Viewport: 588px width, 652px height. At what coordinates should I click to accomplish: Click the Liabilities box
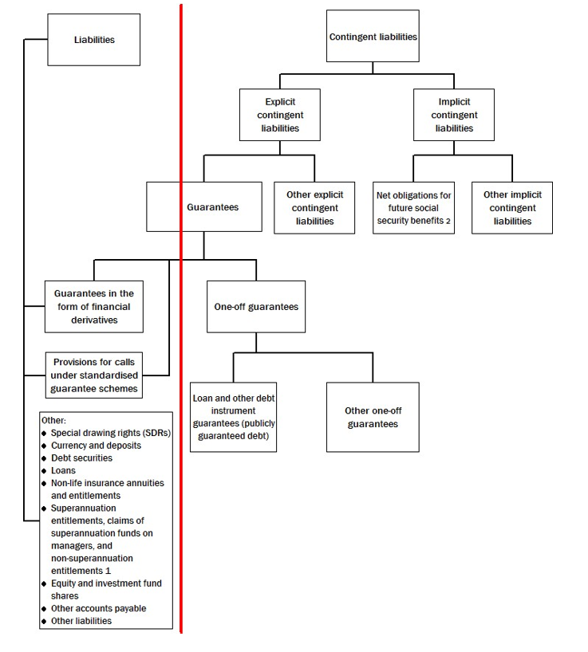pyautogui.click(x=93, y=39)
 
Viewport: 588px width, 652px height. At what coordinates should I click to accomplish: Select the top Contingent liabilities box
pyautogui.click(x=373, y=37)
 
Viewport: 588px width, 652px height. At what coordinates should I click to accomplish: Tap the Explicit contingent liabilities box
pyautogui.click(x=280, y=115)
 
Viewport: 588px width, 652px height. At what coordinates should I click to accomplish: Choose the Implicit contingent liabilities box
pyautogui.click(x=454, y=115)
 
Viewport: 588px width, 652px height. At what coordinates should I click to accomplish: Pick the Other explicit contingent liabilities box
pyautogui.click(x=314, y=208)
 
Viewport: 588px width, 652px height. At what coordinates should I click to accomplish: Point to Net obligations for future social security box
pyautogui.click(x=414, y=208)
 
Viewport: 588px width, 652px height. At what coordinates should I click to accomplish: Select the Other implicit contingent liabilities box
pyautogui.click(x=511, y=208)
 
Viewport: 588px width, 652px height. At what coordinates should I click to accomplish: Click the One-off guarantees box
pyautogui.click(x=255, y=306)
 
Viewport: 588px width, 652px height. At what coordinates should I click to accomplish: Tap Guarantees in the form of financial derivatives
pyautogui.click(x=93, y=306)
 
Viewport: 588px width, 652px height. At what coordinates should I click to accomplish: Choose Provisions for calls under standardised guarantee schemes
pyautogui.click(x=93, y=375)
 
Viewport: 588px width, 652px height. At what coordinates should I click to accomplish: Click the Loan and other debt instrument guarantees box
pyautogui.click(x=233, y=417)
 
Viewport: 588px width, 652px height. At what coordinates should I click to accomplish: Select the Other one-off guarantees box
pyautogui.click(x=372, y=417)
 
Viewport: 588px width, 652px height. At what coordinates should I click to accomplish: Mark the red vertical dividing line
pyautogui.click(x=181, y=319)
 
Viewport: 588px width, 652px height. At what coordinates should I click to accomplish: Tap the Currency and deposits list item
pyautogui.click(x=96, y=446)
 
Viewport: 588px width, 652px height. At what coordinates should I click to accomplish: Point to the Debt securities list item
pyautogui.click(x=81, y=458)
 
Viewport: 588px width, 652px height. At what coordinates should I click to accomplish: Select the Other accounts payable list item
pyautogui.click(x=98, y=608)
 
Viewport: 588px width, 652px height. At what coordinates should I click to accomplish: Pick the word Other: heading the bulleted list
pyautogui.click(x=53, y=420)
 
